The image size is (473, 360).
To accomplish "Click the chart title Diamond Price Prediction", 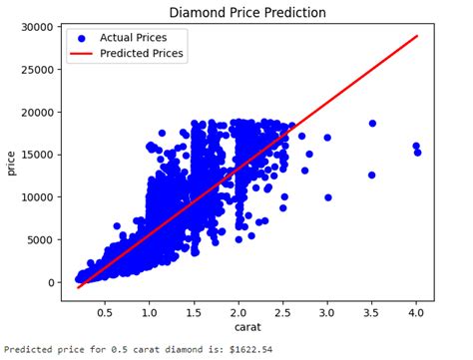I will point(246,13).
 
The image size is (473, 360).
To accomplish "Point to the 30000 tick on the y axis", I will point(33,26).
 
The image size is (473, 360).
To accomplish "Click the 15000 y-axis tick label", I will point(33,155).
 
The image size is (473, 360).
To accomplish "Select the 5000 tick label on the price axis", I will point(36,240).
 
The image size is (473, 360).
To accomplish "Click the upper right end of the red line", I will point(417,36).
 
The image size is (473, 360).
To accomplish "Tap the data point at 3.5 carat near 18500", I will point(372,124).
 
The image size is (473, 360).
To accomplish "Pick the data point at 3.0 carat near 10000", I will point(327,197).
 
